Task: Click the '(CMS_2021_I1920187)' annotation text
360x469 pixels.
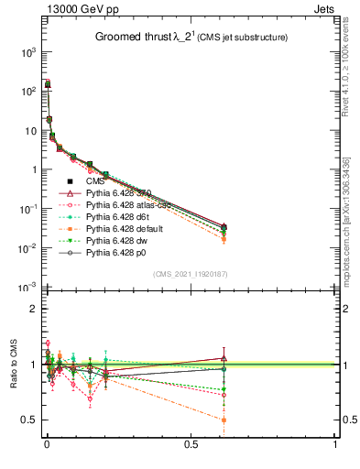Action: [191, 274]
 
